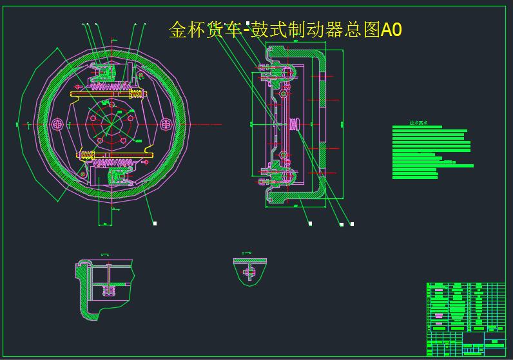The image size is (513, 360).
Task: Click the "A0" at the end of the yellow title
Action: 391,30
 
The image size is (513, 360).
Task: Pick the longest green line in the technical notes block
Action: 432,166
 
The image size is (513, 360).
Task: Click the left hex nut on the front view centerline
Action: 57,123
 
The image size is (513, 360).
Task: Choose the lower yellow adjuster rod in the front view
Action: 116,155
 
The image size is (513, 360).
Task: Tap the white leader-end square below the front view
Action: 155,223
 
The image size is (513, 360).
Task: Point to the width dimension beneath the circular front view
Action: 104,223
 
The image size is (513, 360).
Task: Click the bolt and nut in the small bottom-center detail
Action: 249,272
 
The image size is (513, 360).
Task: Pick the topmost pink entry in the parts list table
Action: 438,289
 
